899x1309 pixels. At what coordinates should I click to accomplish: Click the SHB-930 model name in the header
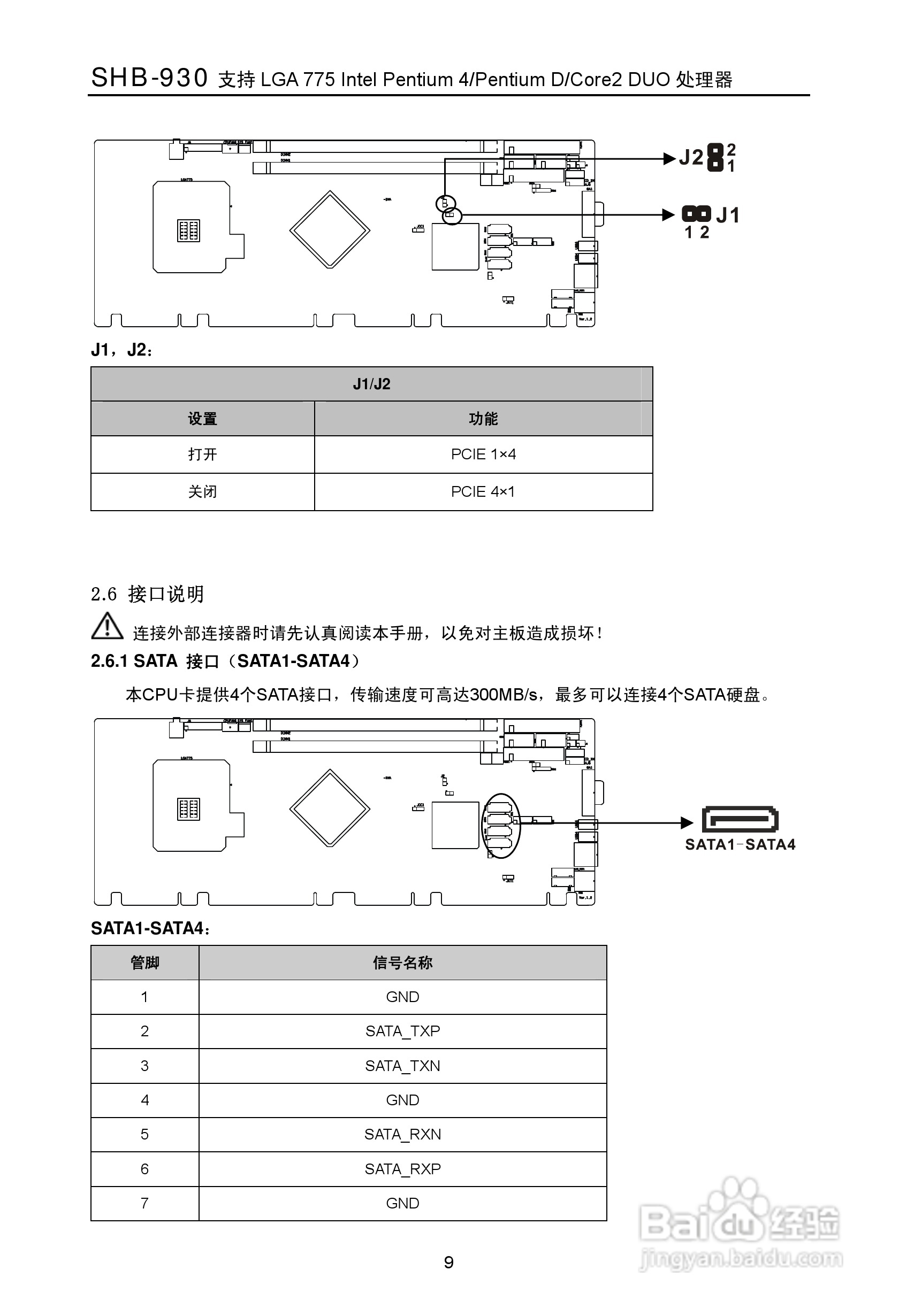(149, 78)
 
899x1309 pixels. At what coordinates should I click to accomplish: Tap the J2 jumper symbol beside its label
(715, 158)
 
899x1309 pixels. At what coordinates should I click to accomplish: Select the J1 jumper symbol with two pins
(696, 214)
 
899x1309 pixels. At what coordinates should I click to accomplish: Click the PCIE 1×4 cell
(483, 455)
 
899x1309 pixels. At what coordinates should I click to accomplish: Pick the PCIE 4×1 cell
(483, 492)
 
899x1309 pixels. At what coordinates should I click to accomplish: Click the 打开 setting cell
(202, 455)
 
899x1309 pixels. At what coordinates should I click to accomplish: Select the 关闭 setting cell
(202, 492)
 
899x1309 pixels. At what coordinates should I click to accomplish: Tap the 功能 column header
(483, 419)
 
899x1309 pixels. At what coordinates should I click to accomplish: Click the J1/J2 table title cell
(371, 384)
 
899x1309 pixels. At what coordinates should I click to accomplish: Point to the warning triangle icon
(107, 626)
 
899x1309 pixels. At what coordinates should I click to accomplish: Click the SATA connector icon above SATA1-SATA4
(740, 820)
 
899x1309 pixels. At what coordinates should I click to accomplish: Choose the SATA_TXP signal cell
(402, 1031)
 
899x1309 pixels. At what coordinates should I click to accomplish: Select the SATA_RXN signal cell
(402, 1134)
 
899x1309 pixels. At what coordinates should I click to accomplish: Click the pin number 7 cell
(145, 1204)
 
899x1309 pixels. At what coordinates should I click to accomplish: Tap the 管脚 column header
(145, 962)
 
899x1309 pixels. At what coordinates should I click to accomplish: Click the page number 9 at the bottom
(448, 1262)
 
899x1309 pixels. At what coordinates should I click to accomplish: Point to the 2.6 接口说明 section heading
(147, 594)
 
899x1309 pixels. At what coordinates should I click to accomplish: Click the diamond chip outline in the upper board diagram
(330, 230)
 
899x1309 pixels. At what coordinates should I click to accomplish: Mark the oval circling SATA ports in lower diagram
(501, 826)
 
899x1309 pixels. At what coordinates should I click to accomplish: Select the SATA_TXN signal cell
(402, 1066)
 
